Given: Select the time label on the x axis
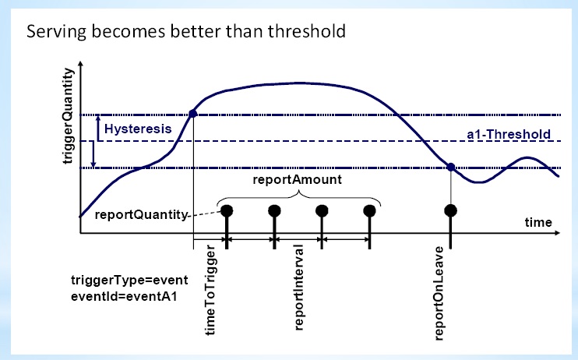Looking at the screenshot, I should tap(537, 222).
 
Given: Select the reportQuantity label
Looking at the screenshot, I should tap(138, 214).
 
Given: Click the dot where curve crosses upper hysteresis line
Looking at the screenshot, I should tap(192, 115).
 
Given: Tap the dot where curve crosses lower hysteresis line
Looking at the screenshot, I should tap(451, 166).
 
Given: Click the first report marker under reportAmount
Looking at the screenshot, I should tap(226, 210).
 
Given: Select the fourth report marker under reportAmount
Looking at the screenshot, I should tap(370, 210).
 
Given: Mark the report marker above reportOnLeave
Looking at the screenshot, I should tap(450, 210).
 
